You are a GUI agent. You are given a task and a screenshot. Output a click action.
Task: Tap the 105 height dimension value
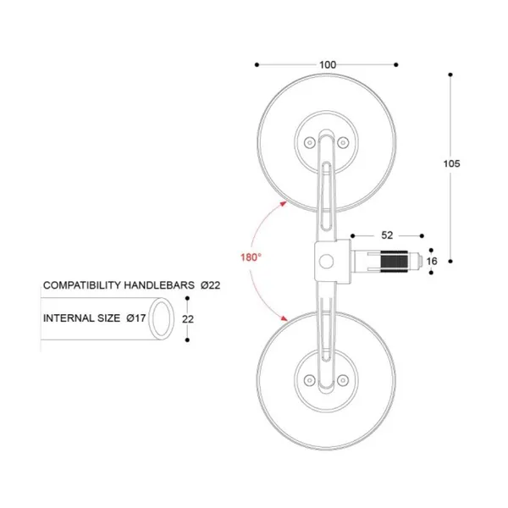tap(451, 164)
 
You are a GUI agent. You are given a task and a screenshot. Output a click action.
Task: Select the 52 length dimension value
tap(387, 235)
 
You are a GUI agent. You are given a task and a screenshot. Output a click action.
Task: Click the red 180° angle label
tap(250, 256)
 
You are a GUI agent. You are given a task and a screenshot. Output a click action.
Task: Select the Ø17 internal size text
tap(137, 319)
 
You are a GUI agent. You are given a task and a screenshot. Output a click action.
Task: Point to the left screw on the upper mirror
tap(308, 141)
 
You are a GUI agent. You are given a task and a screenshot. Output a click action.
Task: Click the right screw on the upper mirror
tap(344, 141)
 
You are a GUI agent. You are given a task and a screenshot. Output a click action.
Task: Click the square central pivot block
tap(329, 260)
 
